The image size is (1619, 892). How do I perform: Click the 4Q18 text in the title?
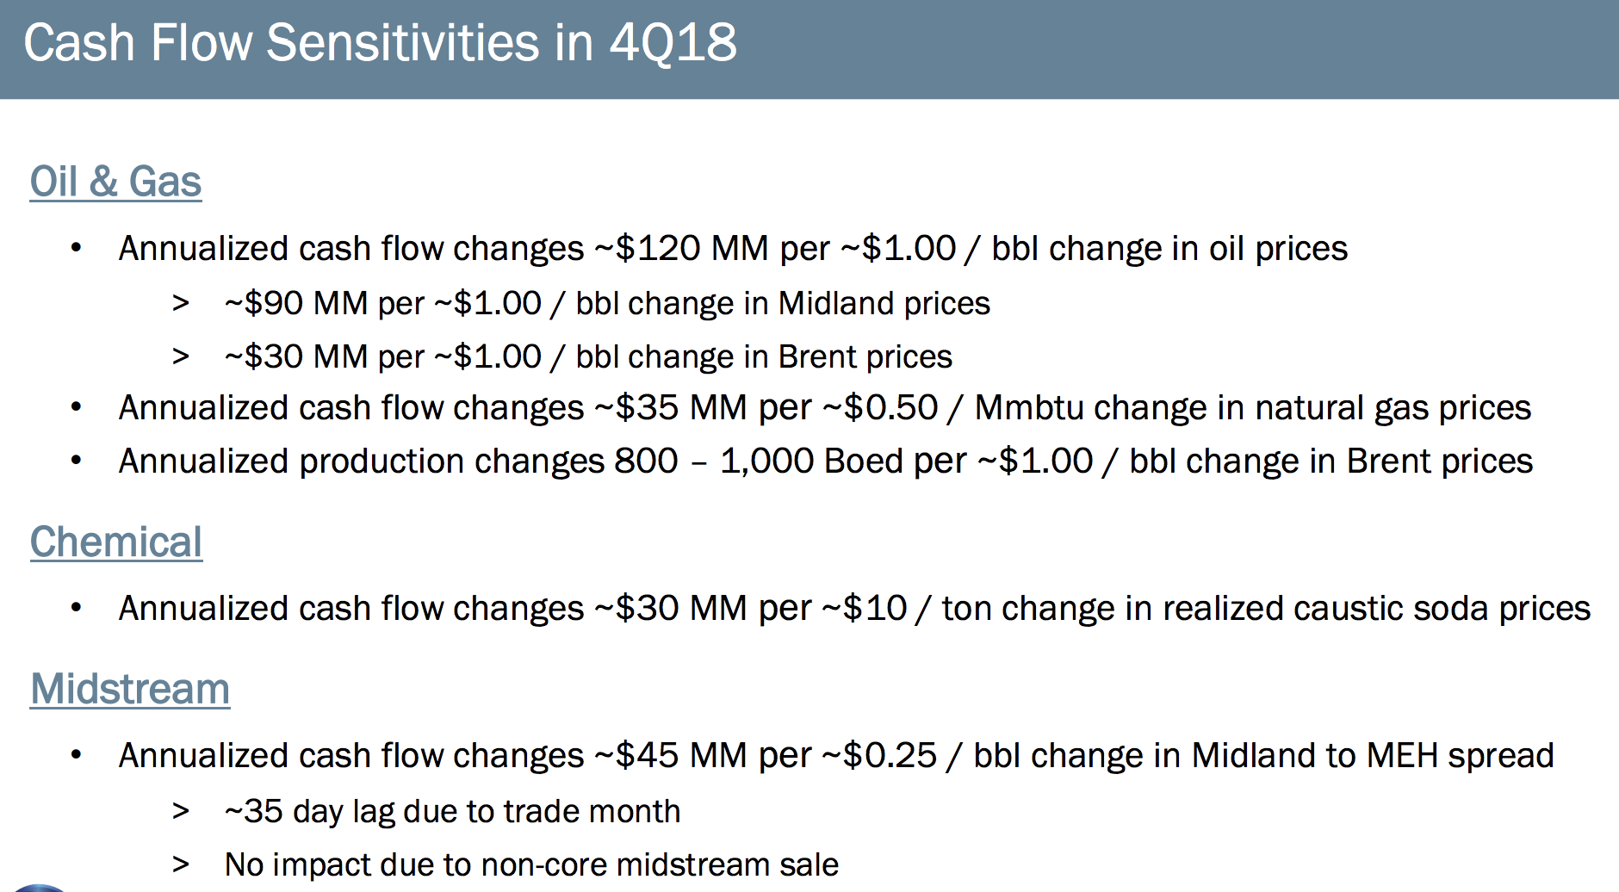673,43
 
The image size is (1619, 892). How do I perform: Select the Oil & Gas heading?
115,182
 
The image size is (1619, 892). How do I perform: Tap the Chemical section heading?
116,542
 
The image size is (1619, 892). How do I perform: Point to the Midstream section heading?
130,690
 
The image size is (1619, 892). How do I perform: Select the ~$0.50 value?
880,407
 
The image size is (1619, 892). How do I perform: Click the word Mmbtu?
1028,407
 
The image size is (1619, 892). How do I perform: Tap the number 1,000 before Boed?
767,461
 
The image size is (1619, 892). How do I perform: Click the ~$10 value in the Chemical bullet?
865,608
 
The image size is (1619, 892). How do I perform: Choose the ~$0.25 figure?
879,755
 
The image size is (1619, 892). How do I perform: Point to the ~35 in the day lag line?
253,811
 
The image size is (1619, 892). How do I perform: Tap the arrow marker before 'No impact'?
180,864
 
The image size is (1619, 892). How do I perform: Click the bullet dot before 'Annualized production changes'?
77,461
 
